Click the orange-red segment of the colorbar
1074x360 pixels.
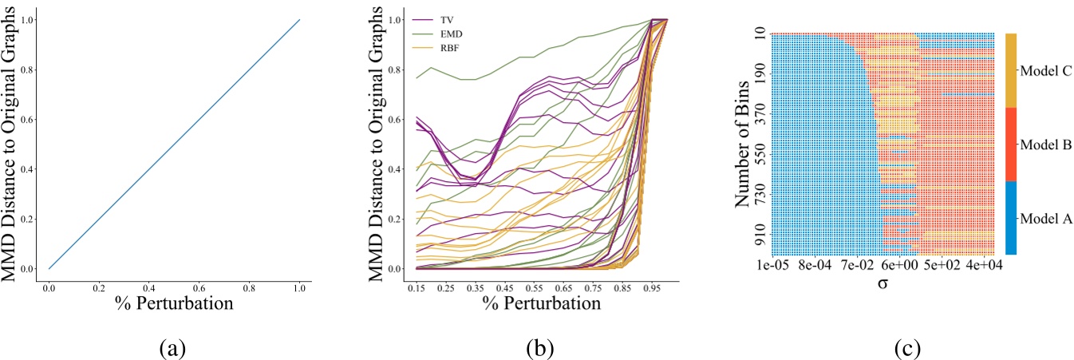pyautogui.click(x=1011, y=144)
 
